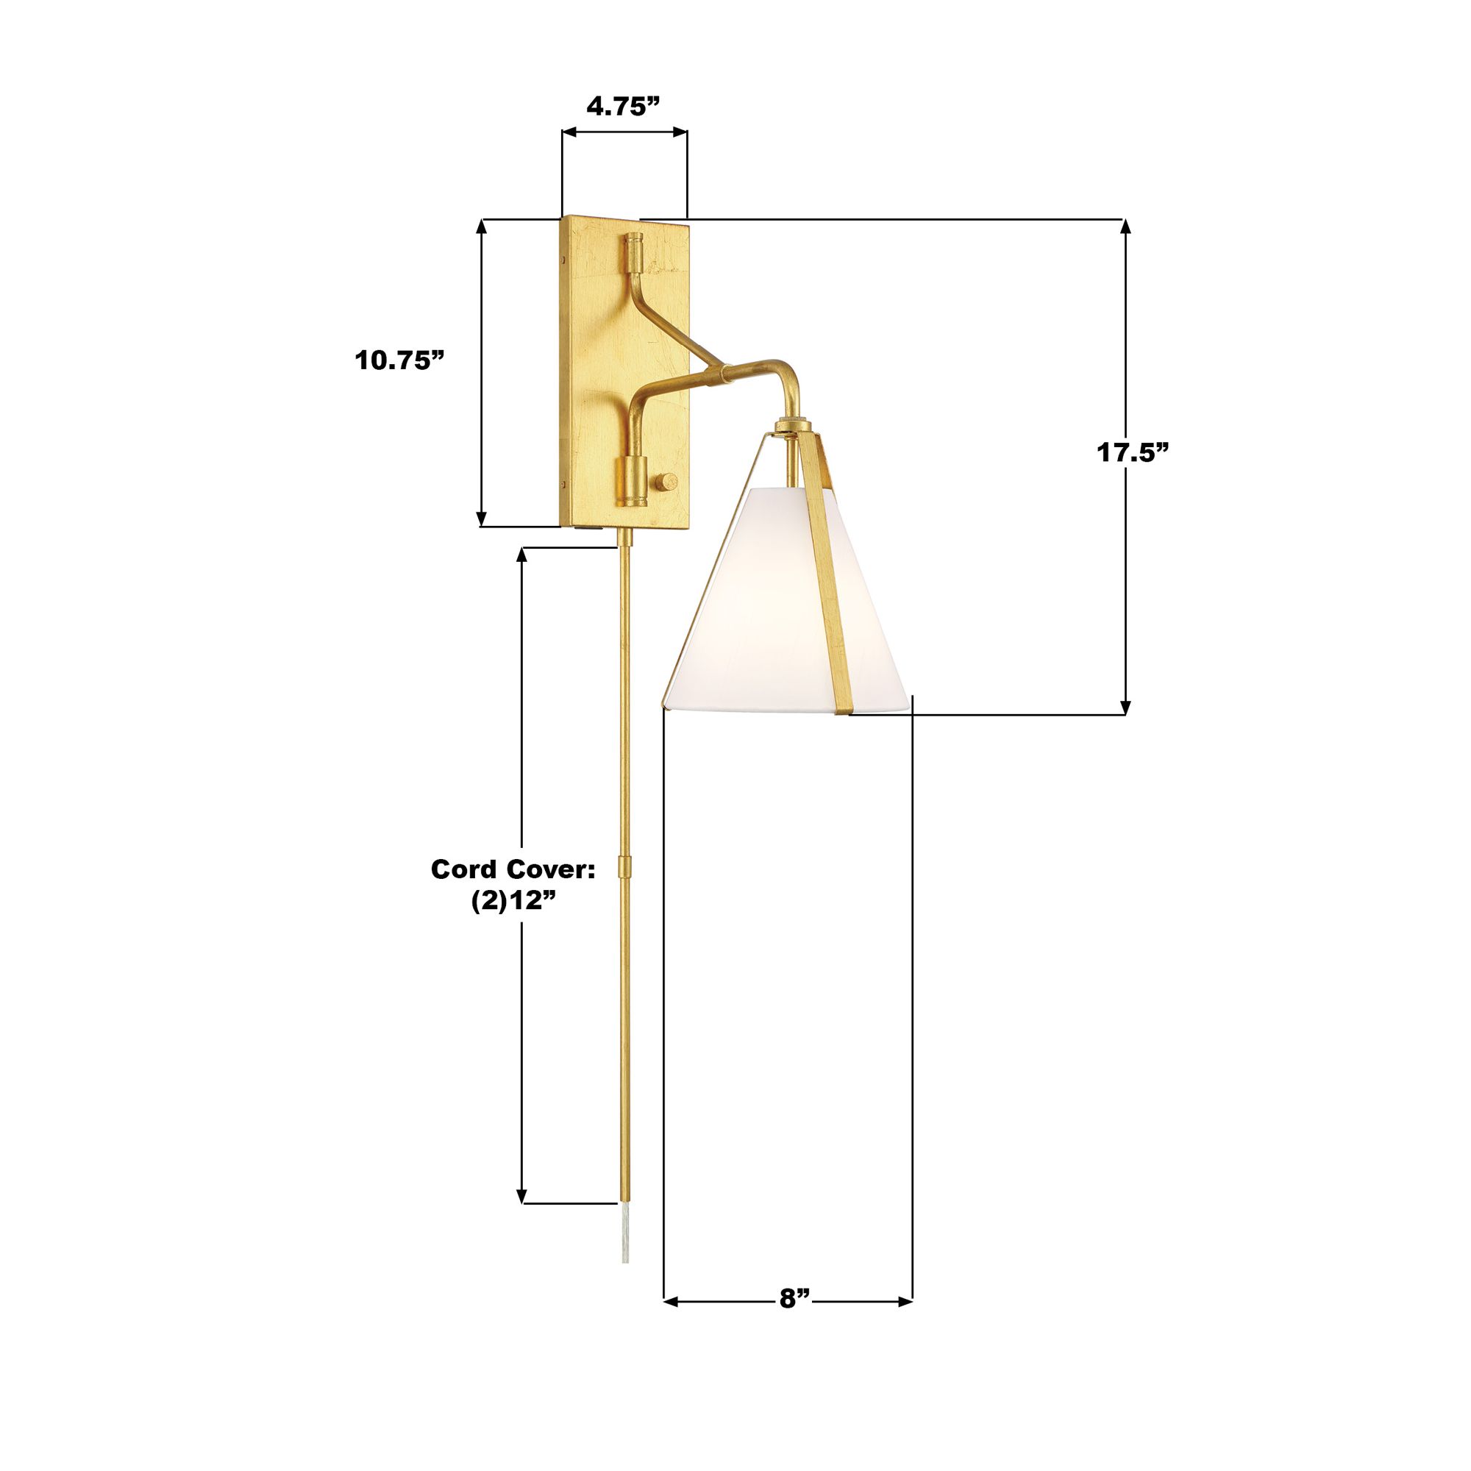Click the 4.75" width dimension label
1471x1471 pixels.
click(622, 106)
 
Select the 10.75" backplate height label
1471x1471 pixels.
click(399, 360)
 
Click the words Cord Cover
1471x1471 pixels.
click(513, 869)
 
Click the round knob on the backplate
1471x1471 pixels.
click(667, 482)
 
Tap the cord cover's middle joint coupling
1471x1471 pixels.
click(625, 866)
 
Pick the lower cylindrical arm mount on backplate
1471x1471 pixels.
click(631, 480)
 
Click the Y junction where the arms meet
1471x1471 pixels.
click(716, 372)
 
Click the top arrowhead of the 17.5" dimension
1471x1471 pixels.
click(1125, 226)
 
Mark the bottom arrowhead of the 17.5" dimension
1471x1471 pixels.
click(1125, 708)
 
